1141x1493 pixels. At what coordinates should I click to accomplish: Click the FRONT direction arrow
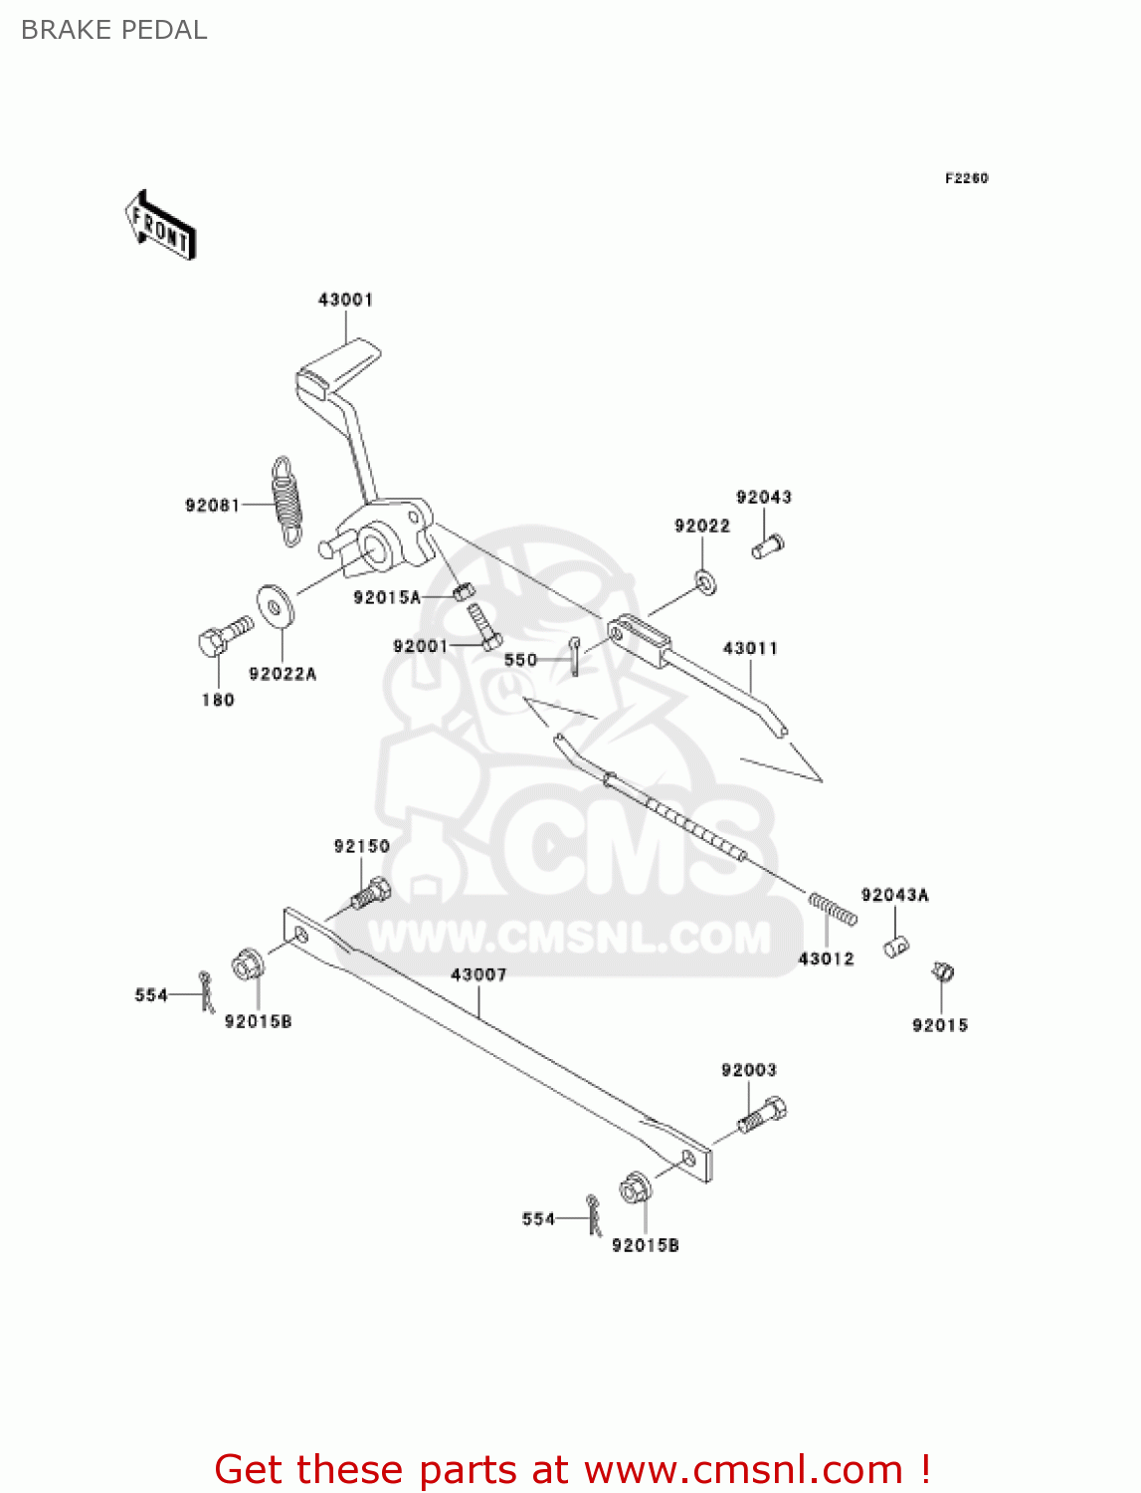[x=160, y=226]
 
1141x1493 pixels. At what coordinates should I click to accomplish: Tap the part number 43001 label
[x=345, y=300]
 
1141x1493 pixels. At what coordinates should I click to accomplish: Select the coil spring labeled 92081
[x=287, y=501]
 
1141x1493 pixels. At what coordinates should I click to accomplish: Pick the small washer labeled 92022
[x=705, y=579]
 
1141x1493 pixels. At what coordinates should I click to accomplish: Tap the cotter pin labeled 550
[x=575, y=655]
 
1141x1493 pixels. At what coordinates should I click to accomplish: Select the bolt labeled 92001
[x=484, y=626]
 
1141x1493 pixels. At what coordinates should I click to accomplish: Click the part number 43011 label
[x=750, y=648]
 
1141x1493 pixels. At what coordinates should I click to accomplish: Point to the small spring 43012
[x=833, y=908]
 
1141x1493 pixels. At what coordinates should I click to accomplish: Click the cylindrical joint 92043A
[x=896, y=946]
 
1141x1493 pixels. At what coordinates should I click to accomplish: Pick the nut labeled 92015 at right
[x=942, y=971]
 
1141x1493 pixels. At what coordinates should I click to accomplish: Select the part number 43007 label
[x=478, y=974]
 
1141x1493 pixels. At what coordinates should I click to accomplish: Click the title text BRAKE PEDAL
[x=114, y=30]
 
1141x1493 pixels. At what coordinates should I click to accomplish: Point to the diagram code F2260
[x=966, y=178]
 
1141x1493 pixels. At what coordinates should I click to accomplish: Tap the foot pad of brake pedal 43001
[x=338, y=367]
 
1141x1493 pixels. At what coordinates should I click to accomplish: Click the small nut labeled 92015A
[x=461, y=591]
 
